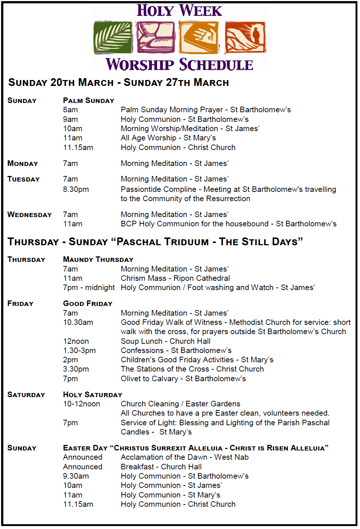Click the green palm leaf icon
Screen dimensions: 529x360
click(x=113, y=37)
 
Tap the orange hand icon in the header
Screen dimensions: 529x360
click(x=199, y=37)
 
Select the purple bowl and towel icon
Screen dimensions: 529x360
click(x=156, y=37)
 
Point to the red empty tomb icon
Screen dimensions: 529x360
click(x=245, y=37)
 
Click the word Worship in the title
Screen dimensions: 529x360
click(x=140, y=65)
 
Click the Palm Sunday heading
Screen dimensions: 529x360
click(x=89, y=100)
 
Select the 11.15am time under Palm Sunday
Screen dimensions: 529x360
click(x=78, y=147)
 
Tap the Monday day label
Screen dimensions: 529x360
click(x=23, y=163)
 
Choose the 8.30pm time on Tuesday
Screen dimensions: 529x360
click(x=76, y=189)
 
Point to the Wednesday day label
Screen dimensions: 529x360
click(x=30, y=214)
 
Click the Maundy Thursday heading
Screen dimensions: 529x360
click(x=98, y=259)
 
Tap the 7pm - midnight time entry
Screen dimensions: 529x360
click(x=89, y=287)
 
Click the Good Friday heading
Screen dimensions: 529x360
click(x=88, y=303)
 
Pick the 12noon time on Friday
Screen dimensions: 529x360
click(x=76, y=341)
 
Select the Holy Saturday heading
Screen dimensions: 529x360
click(x=93, y=395)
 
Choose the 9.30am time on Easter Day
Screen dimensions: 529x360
click(x=76, y=476)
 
